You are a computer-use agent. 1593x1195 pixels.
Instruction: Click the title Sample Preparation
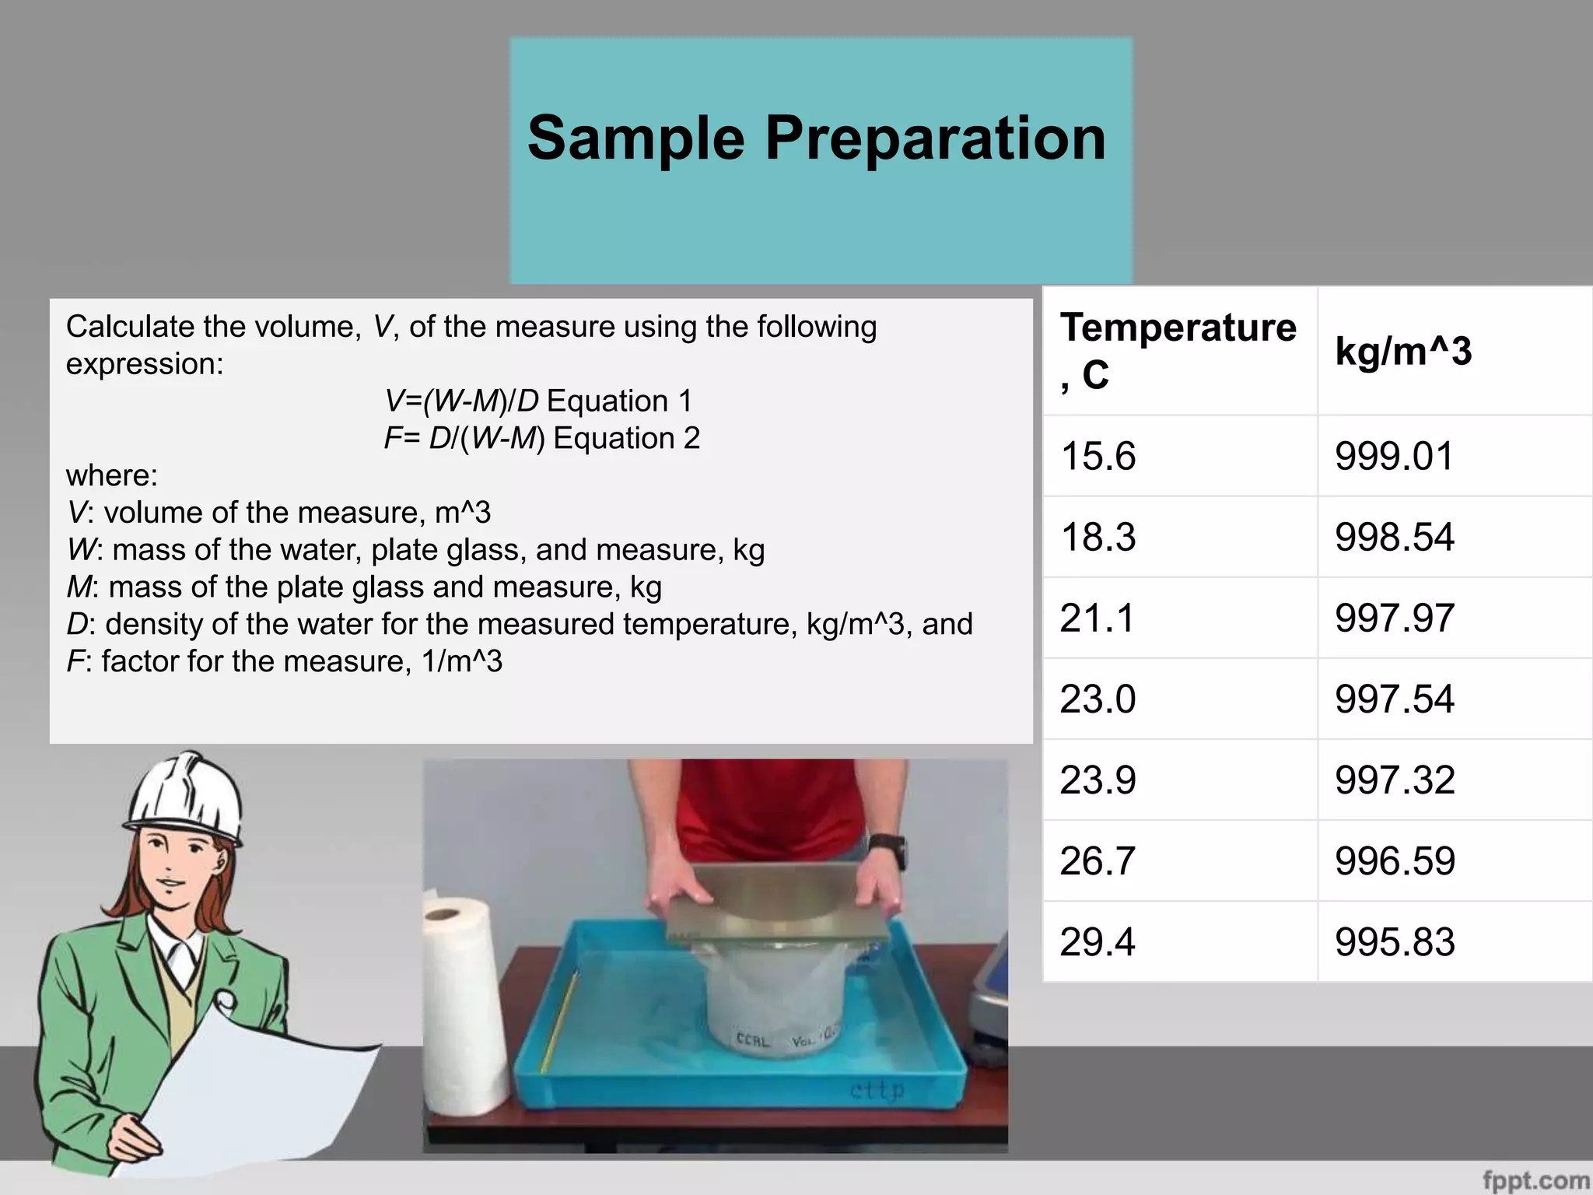click(x=817, y=138)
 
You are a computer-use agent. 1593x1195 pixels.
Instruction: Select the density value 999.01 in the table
click(x=1394, y=456)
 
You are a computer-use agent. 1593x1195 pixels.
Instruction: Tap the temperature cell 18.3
click(x=1098, y=537)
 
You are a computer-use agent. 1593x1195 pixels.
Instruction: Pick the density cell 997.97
click(x=1394, y=619)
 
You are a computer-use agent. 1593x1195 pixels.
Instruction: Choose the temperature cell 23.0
click(x=1098, y=699)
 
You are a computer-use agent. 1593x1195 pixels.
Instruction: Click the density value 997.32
click(x=1394, y=780)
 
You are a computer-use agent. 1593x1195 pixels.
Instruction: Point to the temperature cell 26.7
click(x=1098, y=861)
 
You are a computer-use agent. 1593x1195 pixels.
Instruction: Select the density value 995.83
click(x=1394, y=942)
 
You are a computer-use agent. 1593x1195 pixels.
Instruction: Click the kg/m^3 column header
click(x=1403, y=351)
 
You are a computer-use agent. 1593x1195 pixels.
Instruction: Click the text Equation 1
click(x=619, y=401)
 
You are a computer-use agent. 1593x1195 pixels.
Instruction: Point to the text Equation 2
click(x=626, y=439)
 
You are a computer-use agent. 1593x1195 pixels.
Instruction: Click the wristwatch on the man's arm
click(x=889, y=853)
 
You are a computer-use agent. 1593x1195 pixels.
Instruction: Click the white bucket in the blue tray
click(x=774, y=1011)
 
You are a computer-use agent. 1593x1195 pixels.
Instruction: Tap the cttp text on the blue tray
click(x=877, y=1090)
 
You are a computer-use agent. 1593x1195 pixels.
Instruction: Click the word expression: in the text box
click(x=145, y=364)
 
